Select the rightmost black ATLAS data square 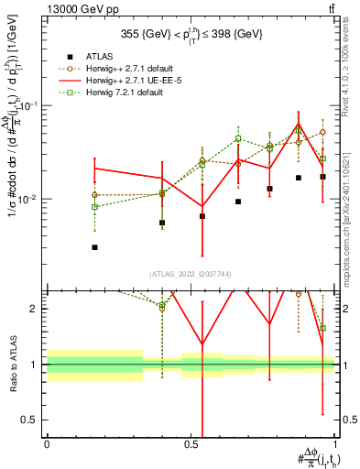click(322, 177)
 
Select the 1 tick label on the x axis click(334, 443)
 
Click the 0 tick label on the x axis click(47, 443)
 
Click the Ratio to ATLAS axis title click(14, 365)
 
